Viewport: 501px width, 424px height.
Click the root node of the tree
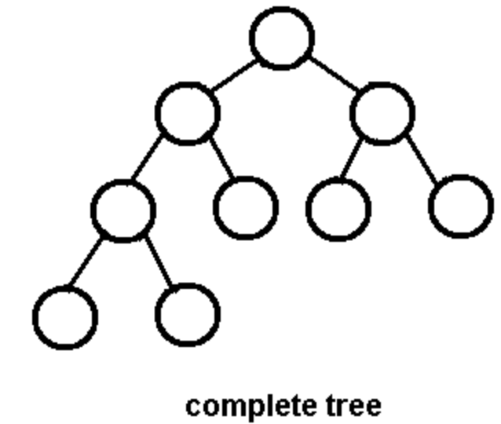click(x=282, y=37)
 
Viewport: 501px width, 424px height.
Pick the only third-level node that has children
click(x=123, y=210)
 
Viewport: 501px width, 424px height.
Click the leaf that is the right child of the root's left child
click(x=245, y=207)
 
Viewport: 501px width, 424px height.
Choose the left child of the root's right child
click(x=338, y=209)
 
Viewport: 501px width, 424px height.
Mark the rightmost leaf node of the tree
click(x=461, y=206)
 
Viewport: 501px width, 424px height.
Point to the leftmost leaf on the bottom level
click(x=65, y=317)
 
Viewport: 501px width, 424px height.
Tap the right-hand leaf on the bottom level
click(x=188, y=315)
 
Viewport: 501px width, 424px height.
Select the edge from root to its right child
click(x=332, y=75)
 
